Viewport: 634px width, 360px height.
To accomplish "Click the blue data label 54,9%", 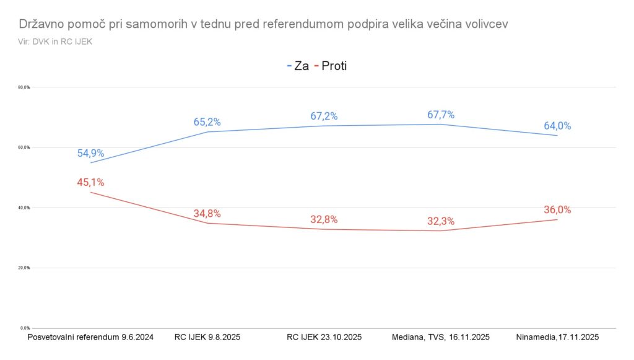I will click(x=90, y=153).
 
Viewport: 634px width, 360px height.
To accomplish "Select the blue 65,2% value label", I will click(x=207, y=122).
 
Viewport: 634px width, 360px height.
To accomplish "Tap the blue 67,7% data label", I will click(x=441, y=115).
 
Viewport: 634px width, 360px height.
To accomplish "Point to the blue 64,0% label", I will click(x=557, y=126).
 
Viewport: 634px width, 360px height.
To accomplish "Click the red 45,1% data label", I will click(x=90, y=182).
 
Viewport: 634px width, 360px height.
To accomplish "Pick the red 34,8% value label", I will click(x=207, y=213).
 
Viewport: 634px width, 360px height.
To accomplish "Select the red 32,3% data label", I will click(x=441, y=220).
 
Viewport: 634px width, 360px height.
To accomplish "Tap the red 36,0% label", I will click(x=557, y=210).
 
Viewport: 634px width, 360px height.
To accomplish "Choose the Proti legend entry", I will click(x=332, y=66).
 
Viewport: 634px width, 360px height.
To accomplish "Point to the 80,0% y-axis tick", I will click(x=24, y=87).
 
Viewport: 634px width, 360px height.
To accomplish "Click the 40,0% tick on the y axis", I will click(x=24, y=208).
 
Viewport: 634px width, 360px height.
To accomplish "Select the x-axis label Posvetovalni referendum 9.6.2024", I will click(x=90, y=337).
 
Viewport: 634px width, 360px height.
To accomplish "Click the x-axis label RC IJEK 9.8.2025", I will click(x=207, y=337).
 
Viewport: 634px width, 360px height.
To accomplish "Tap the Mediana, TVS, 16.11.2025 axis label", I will click(x=441, y=337).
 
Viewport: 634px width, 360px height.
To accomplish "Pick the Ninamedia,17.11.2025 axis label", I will click(x=557, y=337).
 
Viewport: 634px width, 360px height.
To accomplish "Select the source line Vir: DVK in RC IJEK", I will click(x=55, y=42).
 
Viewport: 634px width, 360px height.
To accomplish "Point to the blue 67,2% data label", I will click(x=324, y=116).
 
